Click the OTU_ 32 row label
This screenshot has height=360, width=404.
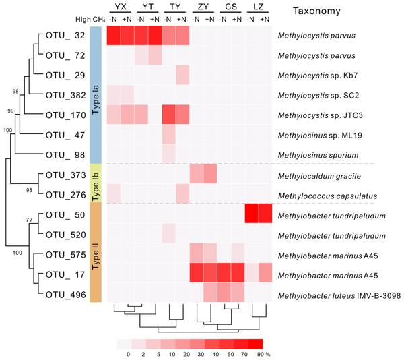(x=66, y=36)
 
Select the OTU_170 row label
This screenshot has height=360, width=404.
(x=66, y=115)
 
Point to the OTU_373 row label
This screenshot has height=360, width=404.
(x=66, y=175)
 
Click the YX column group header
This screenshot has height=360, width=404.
(x=121, y=7)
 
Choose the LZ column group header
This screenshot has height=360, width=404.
(x=258, y=7)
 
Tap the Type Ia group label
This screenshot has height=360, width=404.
(x=96, y=94)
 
